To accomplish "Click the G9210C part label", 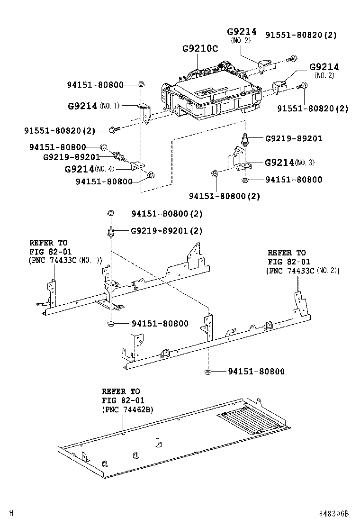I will click(x=200, y=49).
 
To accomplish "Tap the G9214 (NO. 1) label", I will click(x=94, y=106).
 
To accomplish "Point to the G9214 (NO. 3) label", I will click(x=289, y=163).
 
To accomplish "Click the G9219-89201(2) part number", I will click(x=166, y=231).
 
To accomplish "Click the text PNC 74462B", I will click(x=127, y=409).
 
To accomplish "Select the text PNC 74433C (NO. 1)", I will click(x=65, y=260).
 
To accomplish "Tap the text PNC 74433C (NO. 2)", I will click(x=304, y=271).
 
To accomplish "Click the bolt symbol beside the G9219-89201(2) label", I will click(x=110, y=232).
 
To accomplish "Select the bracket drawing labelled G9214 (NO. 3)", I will click(x=240, y=159).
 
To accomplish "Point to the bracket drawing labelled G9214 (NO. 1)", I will click(x=145, y=114).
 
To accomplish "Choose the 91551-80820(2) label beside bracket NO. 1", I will click(x=60, y=130).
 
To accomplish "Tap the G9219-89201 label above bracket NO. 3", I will click(x=293, y=139).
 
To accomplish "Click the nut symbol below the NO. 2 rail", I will click(x=208, y=372).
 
